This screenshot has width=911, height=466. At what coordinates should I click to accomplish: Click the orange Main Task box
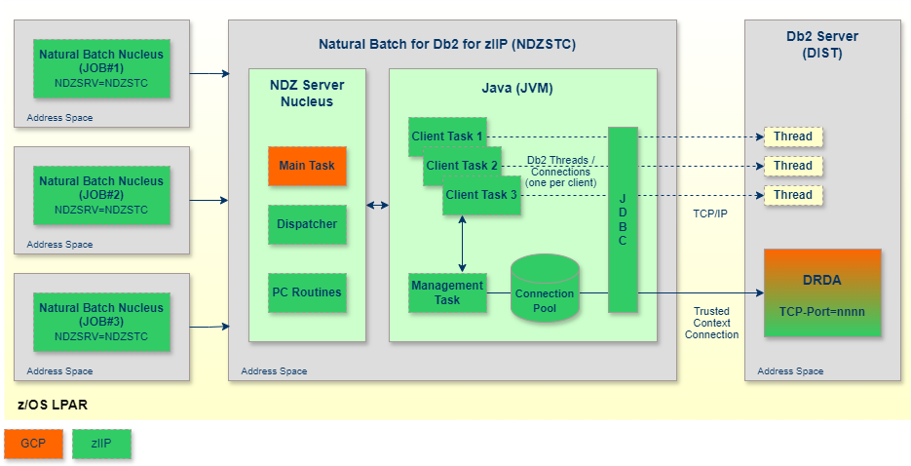pos(307,166)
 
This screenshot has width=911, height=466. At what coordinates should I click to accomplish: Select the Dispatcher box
pos(307,224)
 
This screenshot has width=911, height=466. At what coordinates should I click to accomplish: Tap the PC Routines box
pos(307,292)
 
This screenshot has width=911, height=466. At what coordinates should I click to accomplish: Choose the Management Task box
pos(447,292)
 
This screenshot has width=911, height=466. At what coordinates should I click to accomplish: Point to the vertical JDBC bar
pos(623,219)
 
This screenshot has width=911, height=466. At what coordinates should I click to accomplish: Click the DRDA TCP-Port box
pos(822,292)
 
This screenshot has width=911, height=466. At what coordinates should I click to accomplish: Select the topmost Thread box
pos(793,136)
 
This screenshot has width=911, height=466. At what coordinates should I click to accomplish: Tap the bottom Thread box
pos(793,195)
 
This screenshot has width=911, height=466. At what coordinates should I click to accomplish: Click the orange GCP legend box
pos(33,444)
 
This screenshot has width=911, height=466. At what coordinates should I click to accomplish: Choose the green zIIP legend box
pos(101,444)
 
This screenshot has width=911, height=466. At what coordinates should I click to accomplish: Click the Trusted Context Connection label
pos(711,323)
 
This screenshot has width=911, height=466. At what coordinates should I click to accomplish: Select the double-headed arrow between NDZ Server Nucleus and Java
pos(377,206)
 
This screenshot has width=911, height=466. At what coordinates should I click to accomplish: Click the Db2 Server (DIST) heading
pos(822,45)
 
